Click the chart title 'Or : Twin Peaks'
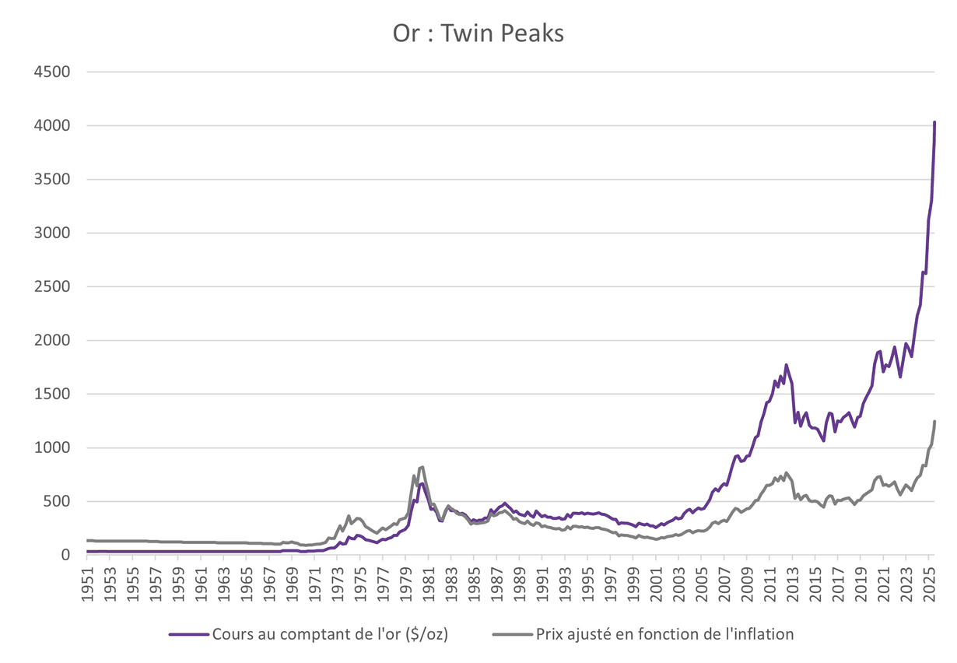pos(478,34)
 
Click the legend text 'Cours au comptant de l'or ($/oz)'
pos(329,633)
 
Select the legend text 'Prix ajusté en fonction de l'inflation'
pos(664,633)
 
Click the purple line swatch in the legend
pos(189,633)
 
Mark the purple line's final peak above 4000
pos(934,122)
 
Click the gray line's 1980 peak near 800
pos(422,467)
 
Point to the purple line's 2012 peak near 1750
pos(786,365)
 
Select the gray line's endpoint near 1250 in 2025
pos(934,422)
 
